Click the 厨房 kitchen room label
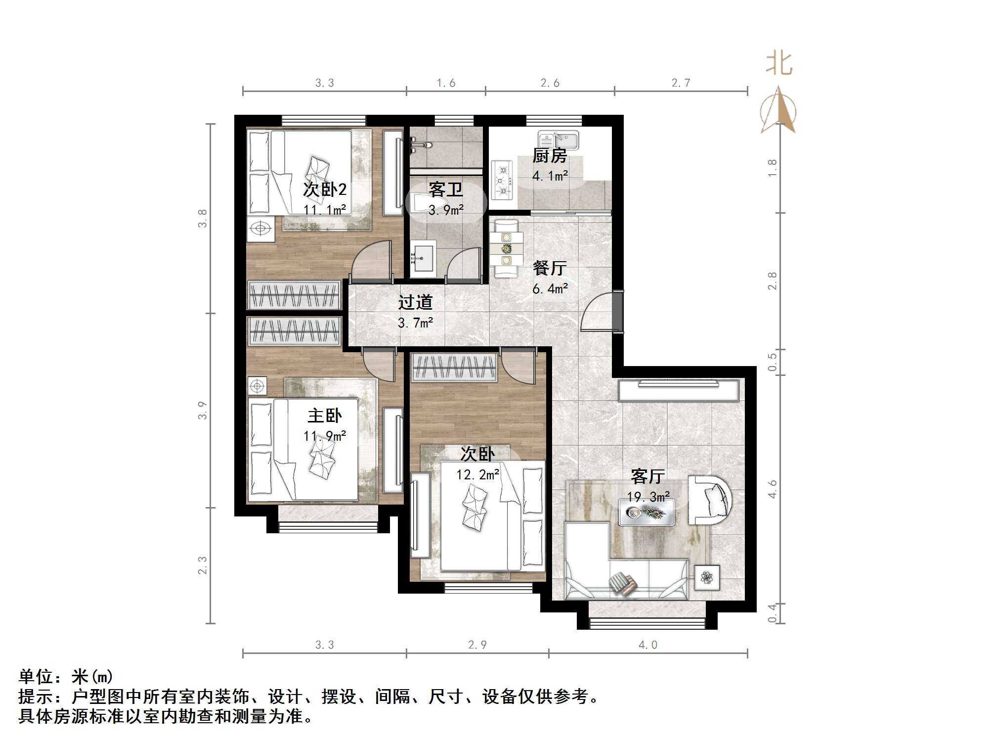549,156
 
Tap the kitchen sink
559,140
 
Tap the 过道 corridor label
415,302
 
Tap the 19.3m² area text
648,497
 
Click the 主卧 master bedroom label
324,416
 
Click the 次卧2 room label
324,189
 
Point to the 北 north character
779,64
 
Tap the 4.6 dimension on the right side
773,489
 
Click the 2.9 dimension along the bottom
477,645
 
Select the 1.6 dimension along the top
446,83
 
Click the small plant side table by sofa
707,577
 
